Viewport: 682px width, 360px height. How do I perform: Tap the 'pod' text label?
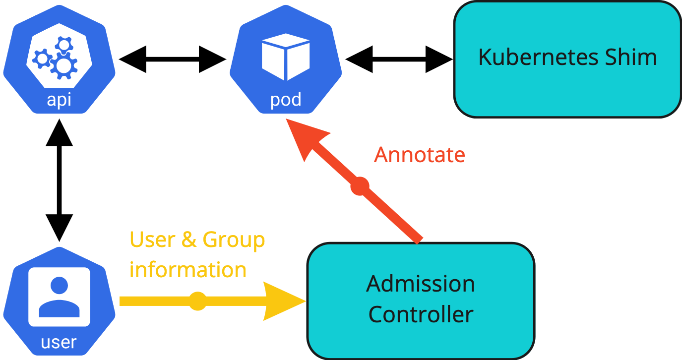point(286,100)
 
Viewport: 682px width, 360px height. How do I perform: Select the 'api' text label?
point(59,100)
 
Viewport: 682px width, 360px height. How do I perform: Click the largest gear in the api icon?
point(64,66)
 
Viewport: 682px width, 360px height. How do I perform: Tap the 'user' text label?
point(59,342)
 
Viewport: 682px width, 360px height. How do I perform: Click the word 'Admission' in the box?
point(421,284)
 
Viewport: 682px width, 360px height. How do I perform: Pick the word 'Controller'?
point(421,314)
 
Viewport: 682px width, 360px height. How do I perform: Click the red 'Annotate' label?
point(420,155)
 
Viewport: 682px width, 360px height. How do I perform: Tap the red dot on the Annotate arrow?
point(360,186)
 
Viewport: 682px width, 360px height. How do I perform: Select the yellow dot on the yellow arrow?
point(197,301)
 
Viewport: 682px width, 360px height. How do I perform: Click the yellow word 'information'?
point(188,270)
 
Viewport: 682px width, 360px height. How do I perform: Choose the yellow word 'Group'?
point(234,240)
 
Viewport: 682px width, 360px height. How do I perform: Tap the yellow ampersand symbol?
point(189,240)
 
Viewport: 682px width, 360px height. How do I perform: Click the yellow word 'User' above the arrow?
point(152,240)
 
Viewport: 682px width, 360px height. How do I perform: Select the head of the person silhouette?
point(60,286)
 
